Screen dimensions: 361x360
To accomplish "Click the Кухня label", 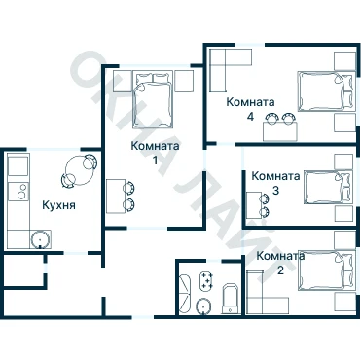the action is point(58,205).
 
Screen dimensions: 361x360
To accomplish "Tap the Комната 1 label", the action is point(155,153).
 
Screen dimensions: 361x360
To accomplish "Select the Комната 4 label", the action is point(250,109).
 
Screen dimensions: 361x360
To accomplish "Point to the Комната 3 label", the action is point(275,183).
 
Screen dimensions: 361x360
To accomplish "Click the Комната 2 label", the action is point(280,263).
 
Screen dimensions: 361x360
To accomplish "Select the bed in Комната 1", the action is point(153,100).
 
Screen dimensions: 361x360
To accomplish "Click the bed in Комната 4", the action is point(325,91).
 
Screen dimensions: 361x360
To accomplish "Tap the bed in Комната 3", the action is point(328,188).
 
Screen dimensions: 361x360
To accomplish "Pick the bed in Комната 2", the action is point(326,270).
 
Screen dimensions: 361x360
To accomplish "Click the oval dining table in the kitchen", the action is point(79,170).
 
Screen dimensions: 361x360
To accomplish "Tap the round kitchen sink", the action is point(41,240).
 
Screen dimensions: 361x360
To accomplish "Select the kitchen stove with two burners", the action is point(18,192).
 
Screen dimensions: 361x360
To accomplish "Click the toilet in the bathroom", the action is point(231,299).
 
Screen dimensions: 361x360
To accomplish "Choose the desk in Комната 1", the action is point(116,197).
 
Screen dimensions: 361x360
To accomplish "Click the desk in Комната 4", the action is point(280,131).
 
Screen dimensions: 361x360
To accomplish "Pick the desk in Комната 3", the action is point(253,205).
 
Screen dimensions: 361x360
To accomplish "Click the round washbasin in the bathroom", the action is point(204,306).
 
